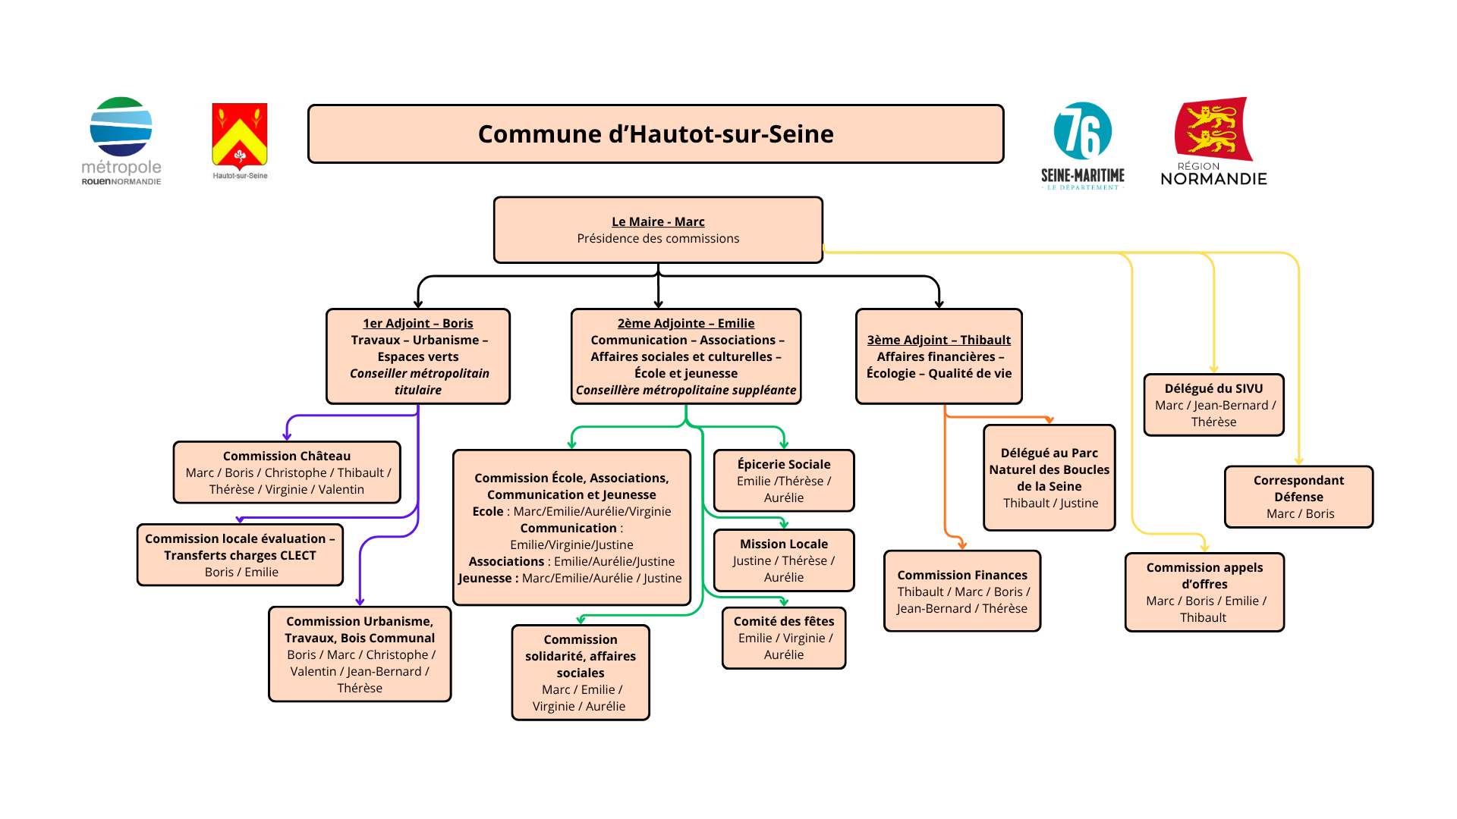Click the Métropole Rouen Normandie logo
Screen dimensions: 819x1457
tap(121, 140)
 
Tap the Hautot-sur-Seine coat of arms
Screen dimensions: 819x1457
tap(240, 140)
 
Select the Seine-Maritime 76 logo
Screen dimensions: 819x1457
tap(1083, 144)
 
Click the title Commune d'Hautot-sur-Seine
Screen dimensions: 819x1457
tap(656, 134)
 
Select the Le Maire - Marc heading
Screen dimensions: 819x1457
tap(658, 221)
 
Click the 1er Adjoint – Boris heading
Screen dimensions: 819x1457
tap(417, 323)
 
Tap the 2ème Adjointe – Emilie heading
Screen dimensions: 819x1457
tap(686, 323)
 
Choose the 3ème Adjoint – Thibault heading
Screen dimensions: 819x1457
tap(939, 340)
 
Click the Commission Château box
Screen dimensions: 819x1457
tap(287, 472)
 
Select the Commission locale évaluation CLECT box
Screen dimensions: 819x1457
tap(241, 555)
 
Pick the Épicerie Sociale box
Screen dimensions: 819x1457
tap(784, 481)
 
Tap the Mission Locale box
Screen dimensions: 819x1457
tap(784, 560)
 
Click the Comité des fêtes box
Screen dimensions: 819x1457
tap(784, 638)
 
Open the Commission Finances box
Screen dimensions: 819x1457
tap(962, 591)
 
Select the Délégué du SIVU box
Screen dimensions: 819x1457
tap(1213, 405)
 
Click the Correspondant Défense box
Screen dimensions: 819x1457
tap(1298, 497)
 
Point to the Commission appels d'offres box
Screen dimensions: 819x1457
tap(1204, 592)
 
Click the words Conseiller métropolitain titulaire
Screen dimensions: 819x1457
tap(419, 381)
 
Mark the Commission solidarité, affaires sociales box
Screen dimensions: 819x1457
tap(581, 673)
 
